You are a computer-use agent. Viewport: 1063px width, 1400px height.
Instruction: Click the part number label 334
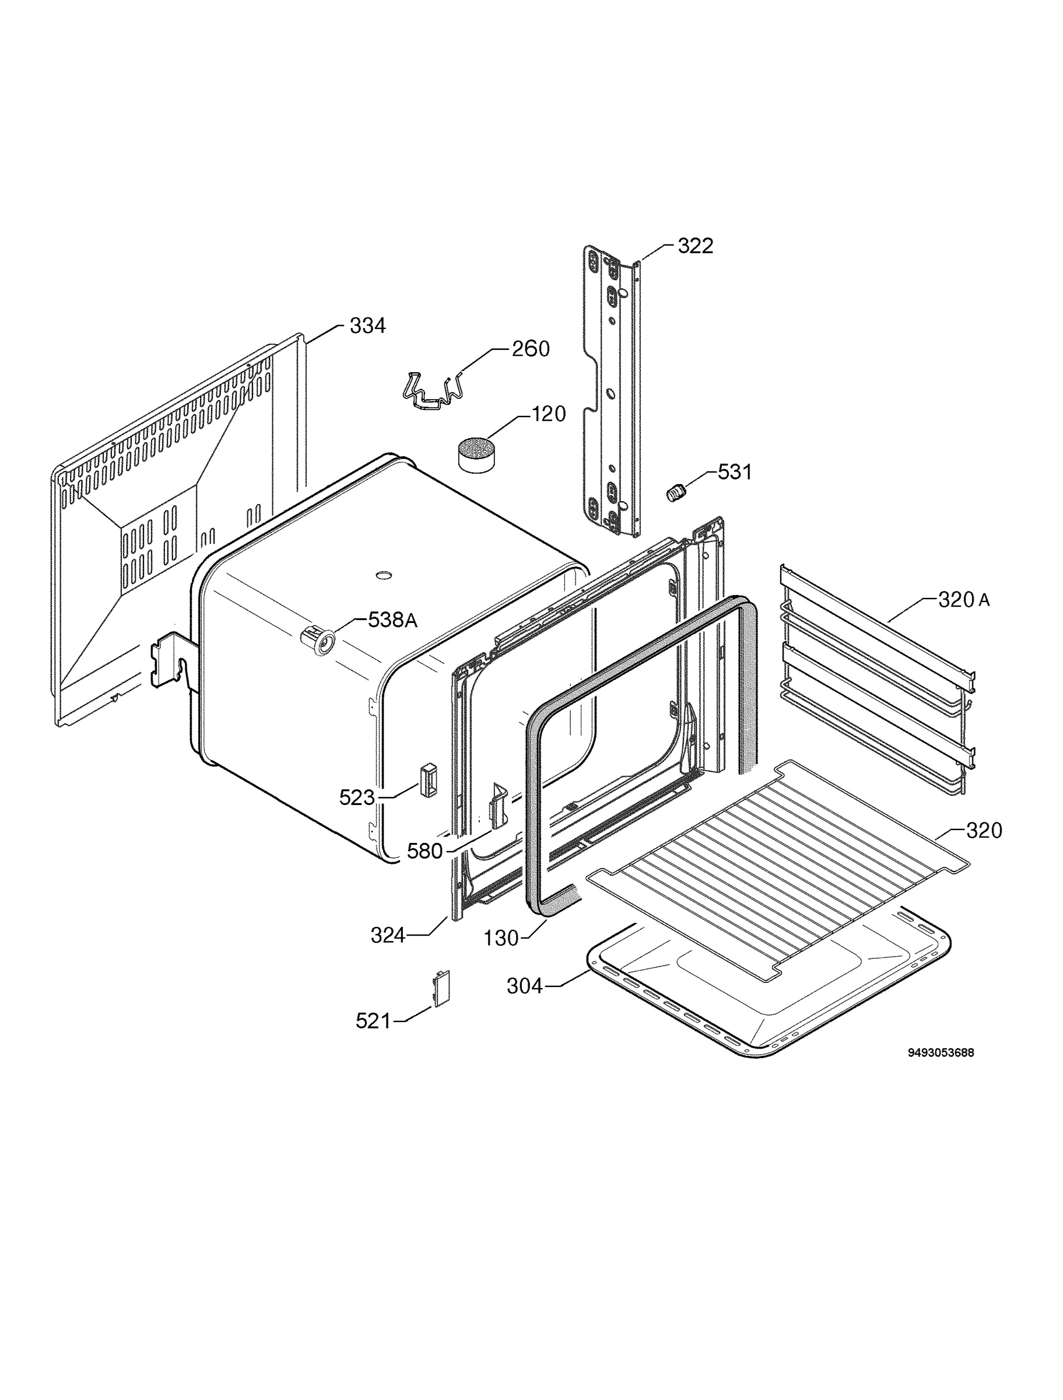(x=367, y=326)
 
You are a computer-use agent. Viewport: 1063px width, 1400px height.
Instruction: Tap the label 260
(x=530, y=349)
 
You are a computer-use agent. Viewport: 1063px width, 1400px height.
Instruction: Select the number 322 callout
(x=696, y=246)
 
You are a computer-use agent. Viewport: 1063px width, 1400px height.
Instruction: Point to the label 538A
(x=393, y=620)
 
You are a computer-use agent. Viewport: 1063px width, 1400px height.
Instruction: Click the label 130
(x=501, y=938)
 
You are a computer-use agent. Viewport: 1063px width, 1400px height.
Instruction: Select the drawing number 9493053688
(x=941, y=1052)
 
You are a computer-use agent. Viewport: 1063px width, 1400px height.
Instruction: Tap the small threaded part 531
(x=676, y=492)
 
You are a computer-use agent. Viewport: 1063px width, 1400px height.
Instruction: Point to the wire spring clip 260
(x=433, y=390)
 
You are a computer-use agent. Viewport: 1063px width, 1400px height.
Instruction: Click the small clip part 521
(x=441, y=987)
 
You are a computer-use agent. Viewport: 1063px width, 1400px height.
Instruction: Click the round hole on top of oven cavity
(x=383, y=575)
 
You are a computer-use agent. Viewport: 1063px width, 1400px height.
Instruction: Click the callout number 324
(x=388, y=936)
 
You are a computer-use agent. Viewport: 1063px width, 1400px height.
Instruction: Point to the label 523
(x=357, y=797)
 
